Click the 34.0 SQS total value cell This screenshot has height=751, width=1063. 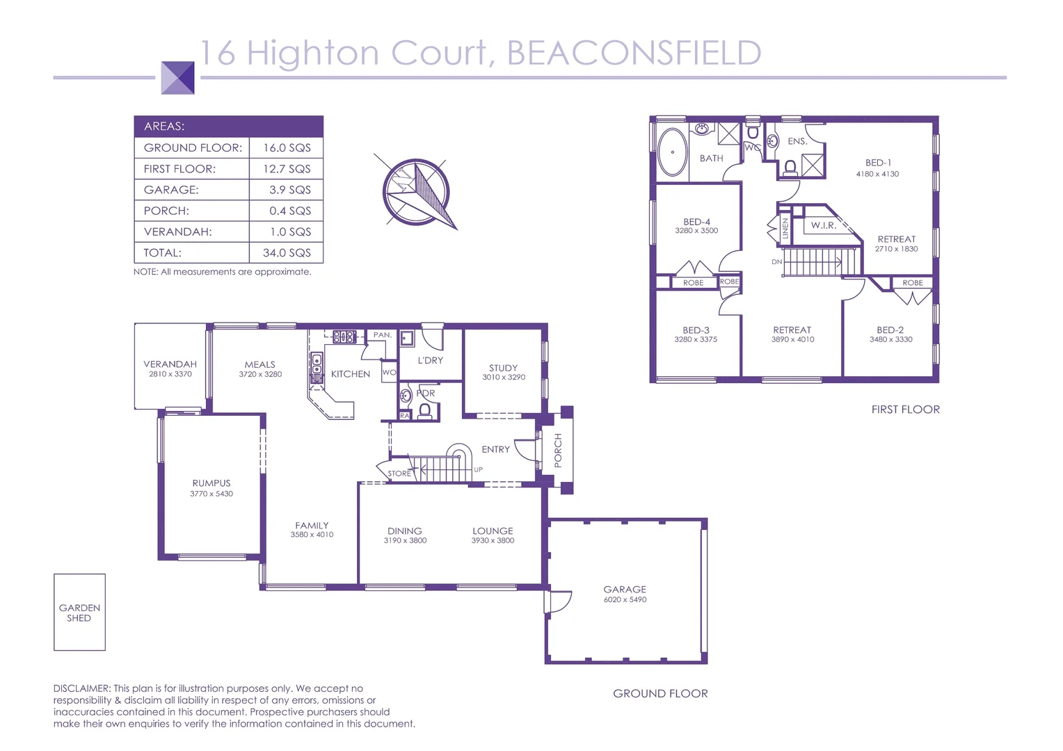287,252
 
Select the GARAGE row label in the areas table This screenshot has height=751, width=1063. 171,190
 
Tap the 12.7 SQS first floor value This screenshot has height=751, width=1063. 287,169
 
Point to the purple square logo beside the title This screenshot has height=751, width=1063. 178,77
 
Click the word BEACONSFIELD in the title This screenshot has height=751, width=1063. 634,54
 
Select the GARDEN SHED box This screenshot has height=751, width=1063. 79,613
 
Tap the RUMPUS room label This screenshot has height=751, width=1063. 211,483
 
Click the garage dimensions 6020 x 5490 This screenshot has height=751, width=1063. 625,599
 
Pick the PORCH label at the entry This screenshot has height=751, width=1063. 558,450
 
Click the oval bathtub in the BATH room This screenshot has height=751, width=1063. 673,152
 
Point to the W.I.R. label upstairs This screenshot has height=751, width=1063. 823,225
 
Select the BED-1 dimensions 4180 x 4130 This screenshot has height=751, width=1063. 877,174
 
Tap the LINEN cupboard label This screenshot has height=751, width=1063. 785,229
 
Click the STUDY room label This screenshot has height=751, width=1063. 503,368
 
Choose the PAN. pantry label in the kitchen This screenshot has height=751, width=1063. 383,334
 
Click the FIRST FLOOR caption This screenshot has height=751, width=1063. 905,410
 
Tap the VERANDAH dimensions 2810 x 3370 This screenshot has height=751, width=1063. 170,374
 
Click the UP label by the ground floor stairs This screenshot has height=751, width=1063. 478,469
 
